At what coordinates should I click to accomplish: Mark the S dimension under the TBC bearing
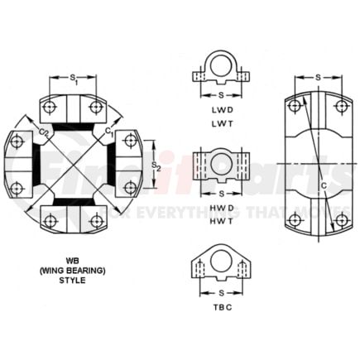[x=221, y=291]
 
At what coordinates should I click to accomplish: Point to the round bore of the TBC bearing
[x=221, y=262]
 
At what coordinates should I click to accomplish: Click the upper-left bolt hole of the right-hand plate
[x=295, y=107]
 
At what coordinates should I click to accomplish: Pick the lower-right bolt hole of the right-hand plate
[x=341, y=219]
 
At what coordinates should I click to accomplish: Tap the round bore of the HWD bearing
[x=221, y=165]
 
